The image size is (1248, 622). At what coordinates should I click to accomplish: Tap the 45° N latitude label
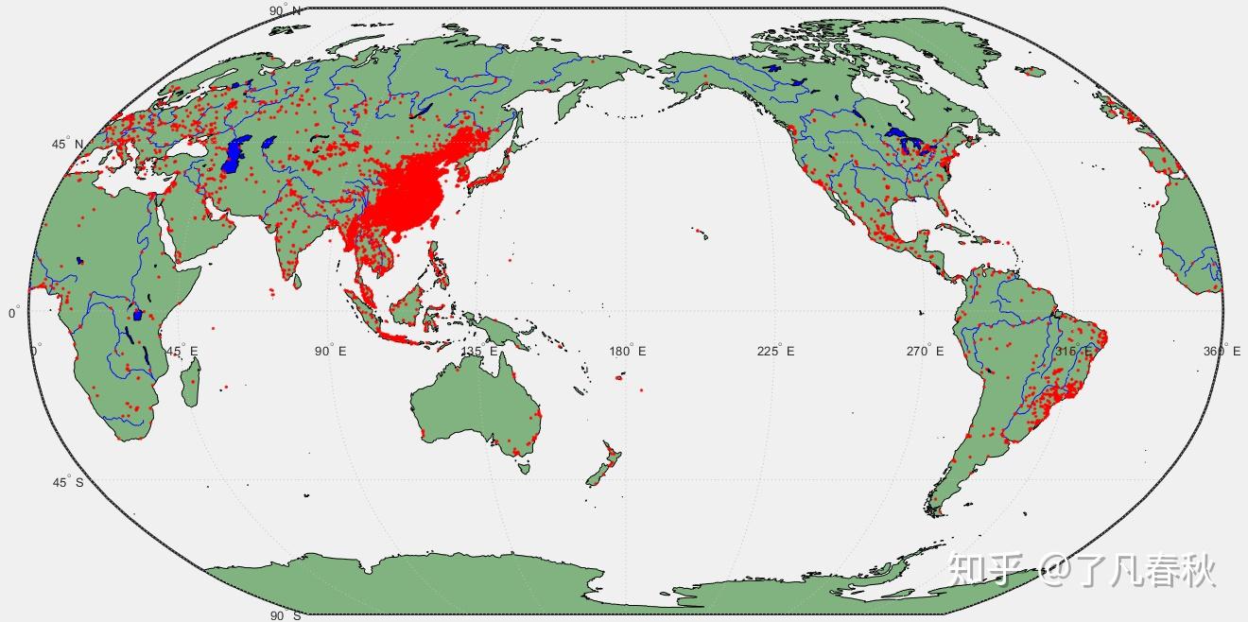click(x=67, y=145)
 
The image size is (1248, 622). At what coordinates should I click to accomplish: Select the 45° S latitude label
click(x=67, y=482)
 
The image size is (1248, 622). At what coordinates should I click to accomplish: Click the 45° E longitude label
click(x=183, y=352)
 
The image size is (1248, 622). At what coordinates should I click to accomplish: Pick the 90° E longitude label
click(x=331, y=352)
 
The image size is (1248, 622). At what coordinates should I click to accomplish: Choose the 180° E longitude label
click(x=629, y=352)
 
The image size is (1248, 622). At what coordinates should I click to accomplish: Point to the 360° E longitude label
click(x=1222, y=352)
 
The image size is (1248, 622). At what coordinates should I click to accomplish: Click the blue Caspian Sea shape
click(x=234, y=154)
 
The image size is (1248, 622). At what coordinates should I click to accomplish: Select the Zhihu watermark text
click(x=1083, y=570)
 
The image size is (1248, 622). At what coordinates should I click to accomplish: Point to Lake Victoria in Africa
click(x=138, y=315)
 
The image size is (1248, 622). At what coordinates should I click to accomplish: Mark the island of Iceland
click(x=1030, y=70)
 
